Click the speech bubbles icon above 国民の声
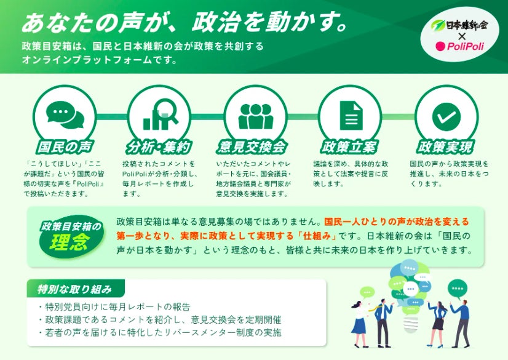pos(65,114)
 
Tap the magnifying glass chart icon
pos(161,114)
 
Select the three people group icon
pos(256,116)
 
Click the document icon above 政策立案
pos(351,115)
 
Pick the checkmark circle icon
pos(446,117)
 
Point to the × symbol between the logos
pos(461,36)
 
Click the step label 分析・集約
pos(159,147)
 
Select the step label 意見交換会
pos(252,147)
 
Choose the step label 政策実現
pos(445,147)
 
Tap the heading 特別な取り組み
pos(74,289)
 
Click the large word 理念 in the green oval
pos(70,242)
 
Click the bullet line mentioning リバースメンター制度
pos(160,332)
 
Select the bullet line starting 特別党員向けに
pos(114,306)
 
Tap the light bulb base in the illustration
pos(410,324)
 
